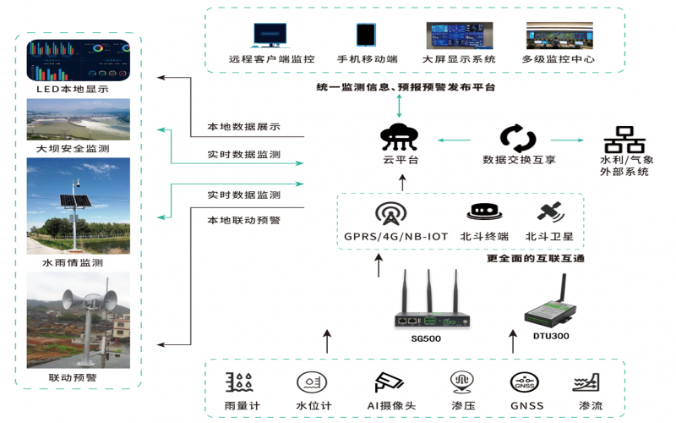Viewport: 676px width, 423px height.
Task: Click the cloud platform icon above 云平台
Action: click(x=401, y=135)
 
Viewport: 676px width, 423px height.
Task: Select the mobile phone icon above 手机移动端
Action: click(x=367, y=35)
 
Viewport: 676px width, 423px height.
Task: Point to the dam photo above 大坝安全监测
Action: click(x=79, y=119)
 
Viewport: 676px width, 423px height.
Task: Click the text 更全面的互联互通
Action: click(x=537, y=258)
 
